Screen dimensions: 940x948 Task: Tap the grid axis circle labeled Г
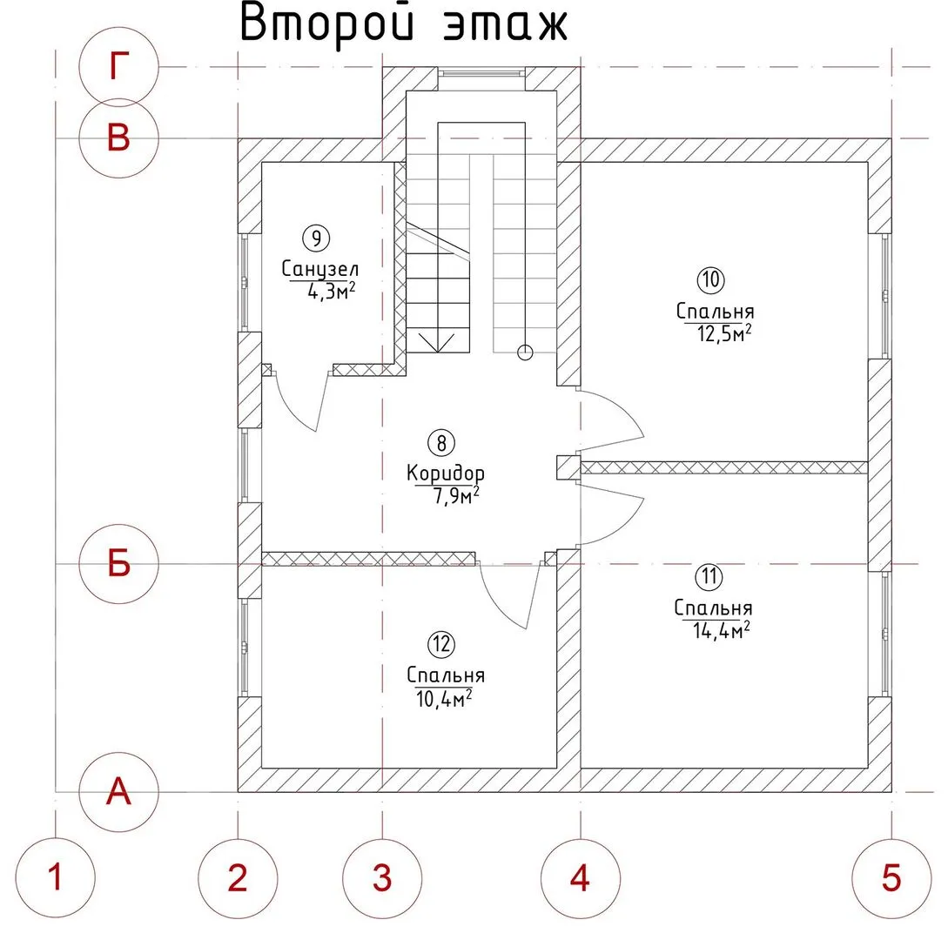118,67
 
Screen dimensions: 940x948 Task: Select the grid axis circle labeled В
118,138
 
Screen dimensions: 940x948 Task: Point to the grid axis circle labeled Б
118,564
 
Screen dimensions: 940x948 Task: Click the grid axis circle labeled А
118,791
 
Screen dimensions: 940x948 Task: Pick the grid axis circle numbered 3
381,877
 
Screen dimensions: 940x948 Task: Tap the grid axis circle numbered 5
891,877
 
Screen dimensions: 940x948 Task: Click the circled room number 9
315,236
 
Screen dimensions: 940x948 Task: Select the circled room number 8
442,443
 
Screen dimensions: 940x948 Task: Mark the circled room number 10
710,279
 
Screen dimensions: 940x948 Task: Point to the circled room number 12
442,645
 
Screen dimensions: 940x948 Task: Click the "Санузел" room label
320,268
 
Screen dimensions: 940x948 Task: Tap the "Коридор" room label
446,473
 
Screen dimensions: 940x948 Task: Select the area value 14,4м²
714,630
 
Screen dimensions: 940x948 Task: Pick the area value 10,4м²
445,697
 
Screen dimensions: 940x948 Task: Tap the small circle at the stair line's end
524,352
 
